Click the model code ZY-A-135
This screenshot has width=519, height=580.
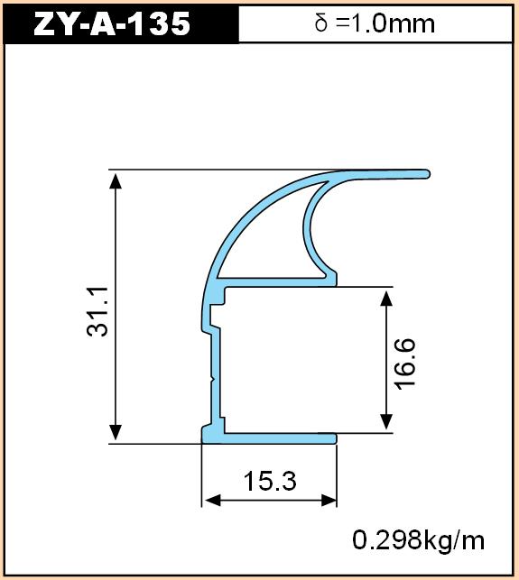112,24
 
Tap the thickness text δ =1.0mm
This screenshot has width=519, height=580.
375,23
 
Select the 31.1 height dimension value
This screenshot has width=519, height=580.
97,311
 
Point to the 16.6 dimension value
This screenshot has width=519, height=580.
405,364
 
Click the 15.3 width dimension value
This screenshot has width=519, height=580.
270,482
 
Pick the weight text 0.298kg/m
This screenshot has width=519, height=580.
418,540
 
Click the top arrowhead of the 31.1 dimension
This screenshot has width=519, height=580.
116,181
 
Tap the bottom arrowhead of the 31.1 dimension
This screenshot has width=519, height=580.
116,432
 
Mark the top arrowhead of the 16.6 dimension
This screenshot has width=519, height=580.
386,299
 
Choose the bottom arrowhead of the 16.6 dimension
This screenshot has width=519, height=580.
386,421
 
